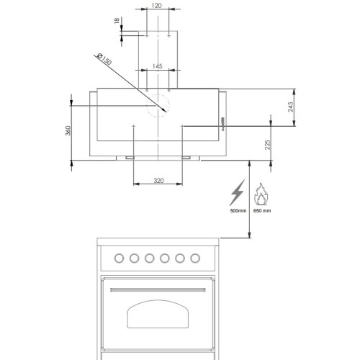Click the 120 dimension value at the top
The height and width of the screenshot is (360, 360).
(157, 5)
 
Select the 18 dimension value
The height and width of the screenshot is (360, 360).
(117, 21)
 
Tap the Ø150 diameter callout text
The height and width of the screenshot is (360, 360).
(104, 59)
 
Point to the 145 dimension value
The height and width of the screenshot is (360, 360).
(157, 66)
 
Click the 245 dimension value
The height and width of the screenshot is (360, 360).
(291, 107)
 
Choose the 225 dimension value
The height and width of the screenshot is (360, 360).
(267, 145)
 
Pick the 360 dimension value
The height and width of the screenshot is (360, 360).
(68, 131)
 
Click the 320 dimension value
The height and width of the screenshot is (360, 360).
(158, 181)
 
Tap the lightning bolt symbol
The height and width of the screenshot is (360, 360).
(238, 192)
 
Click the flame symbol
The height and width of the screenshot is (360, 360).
(261, 194)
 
